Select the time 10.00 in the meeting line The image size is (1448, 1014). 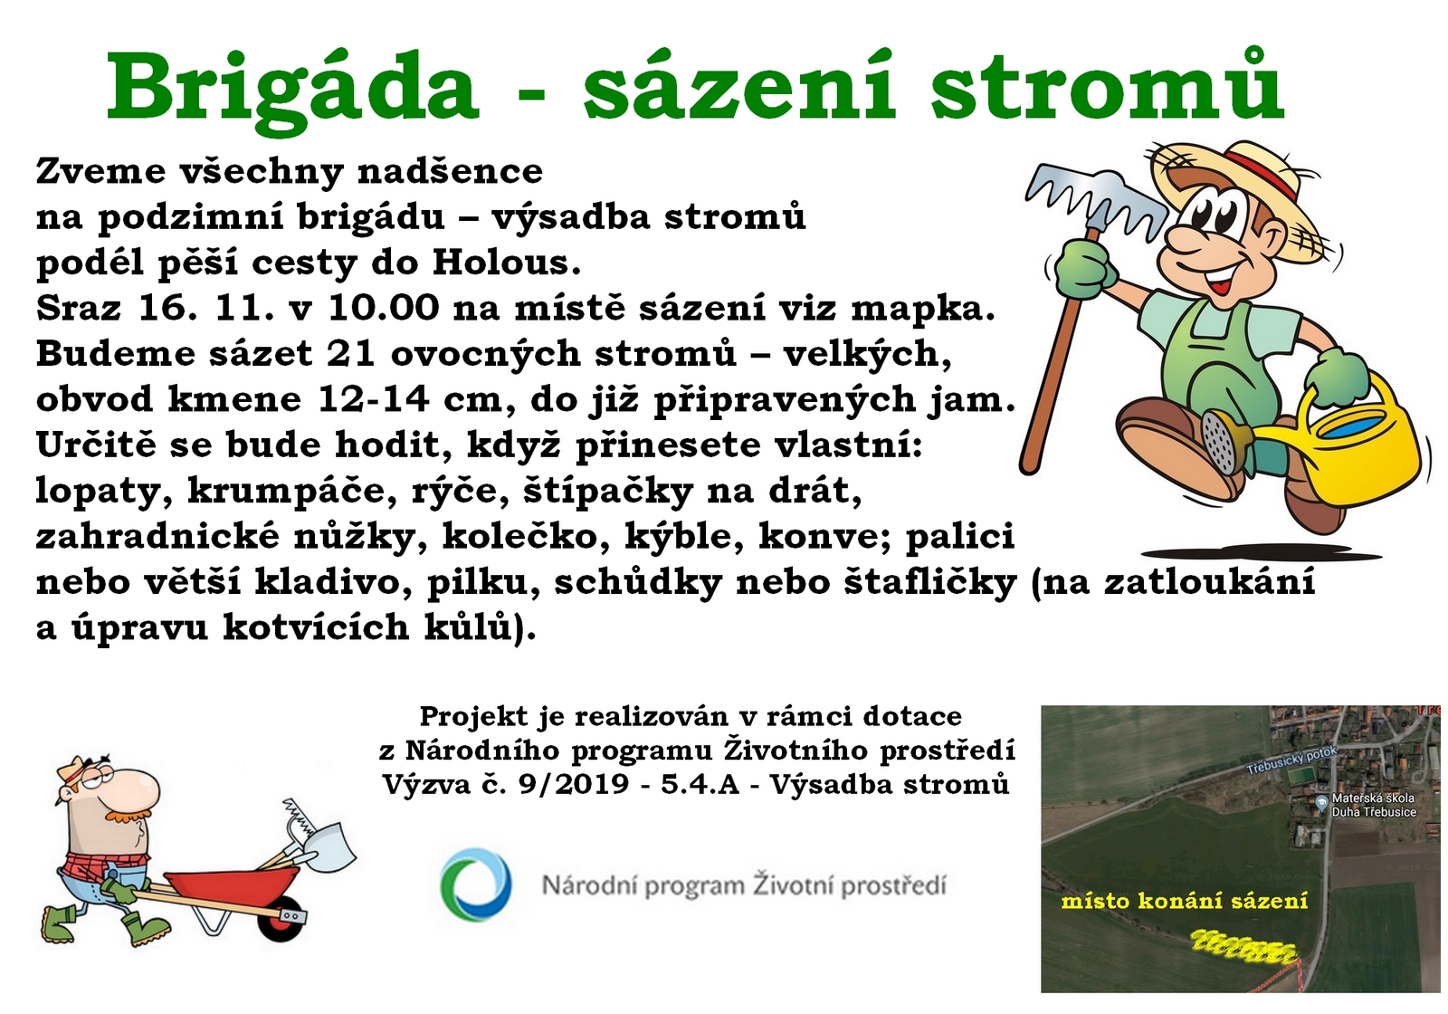(x=384, y=308)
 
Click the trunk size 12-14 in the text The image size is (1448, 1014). (x=374, y=399)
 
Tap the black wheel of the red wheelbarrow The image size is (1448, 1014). (x=282, y=918)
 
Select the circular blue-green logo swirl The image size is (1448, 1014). (x=476, y=884)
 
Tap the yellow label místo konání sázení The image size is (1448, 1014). (x=1185, y=901)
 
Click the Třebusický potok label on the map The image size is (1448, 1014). (x=1291, y=760)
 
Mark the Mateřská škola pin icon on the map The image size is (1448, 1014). (x=1322, y=802)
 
